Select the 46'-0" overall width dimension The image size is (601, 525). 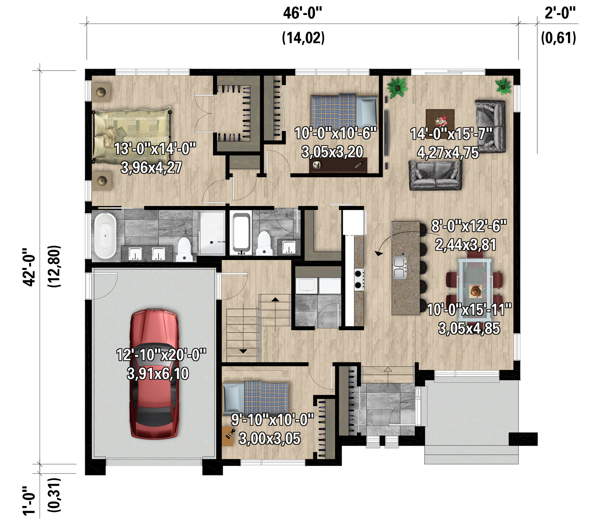(303, 13)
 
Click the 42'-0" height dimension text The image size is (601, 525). (29, 267)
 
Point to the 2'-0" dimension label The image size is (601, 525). (560, 13)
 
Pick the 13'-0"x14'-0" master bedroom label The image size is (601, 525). (155, 149)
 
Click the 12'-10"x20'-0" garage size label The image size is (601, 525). (161, 355)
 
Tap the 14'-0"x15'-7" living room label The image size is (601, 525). (451, 134)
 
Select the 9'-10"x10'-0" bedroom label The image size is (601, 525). (272, 419)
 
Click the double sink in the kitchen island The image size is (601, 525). (400, 267)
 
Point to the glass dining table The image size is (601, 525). (474, 280)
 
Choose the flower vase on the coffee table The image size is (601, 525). (441, 121)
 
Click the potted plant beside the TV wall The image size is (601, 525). (397, 87)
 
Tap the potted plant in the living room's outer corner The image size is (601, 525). (503, 86)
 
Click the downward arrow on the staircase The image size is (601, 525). (243, 351)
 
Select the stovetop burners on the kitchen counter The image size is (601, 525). (359, 279)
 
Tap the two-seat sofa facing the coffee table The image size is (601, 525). (435, 175)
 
